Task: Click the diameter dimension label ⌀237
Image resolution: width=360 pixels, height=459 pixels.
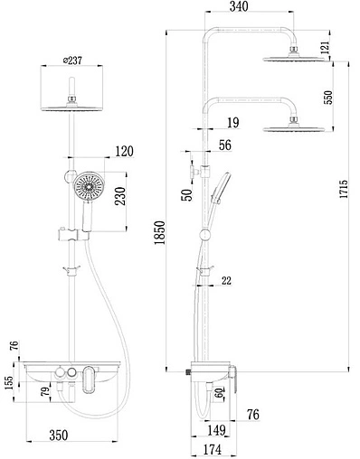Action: [x=72, y=61]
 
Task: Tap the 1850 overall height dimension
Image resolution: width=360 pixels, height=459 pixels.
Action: [x=160, y=232]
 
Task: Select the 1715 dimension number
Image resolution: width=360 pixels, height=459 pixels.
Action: [x=344, y=189]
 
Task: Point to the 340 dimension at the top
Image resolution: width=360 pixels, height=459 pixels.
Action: [x=239, y=6]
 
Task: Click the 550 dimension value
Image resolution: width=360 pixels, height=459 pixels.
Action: [x=328, y=98]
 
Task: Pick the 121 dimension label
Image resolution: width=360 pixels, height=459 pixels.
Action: [x=325, y=47]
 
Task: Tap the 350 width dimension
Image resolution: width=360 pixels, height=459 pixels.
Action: [x=59, y=436]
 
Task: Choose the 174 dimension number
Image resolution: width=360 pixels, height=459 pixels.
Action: [x=213, y=449]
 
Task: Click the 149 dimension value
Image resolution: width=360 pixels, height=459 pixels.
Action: [x=216, y=430]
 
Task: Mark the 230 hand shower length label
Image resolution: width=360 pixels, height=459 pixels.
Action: [x=120, y=196]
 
